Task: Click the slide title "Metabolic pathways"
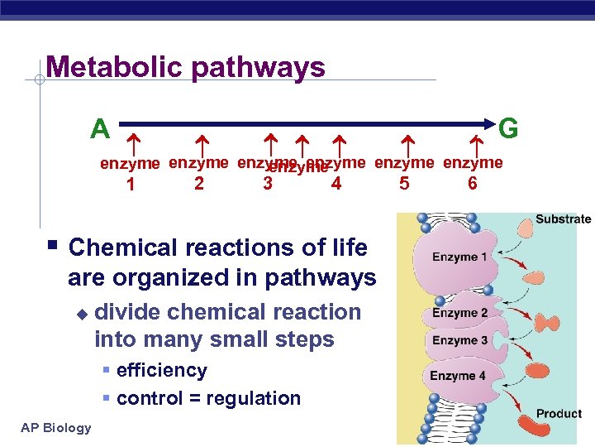click(186, 66)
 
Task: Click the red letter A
click(100, 129)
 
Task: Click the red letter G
click(509, 128)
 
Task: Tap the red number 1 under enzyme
click(131, 184)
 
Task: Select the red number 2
click(199, 183)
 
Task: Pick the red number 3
click(267, 183)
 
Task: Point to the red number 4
click(336, 183)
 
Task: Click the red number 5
click(403, 183)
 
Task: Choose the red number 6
click(472, 183)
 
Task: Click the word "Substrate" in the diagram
click(563, 219)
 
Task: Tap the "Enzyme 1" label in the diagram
click(459, 257)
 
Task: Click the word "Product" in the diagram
click(559, 413)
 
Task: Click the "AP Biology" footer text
click(57, 427)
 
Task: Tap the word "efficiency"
click(162, 370)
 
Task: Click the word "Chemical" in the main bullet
click(124, 248)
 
